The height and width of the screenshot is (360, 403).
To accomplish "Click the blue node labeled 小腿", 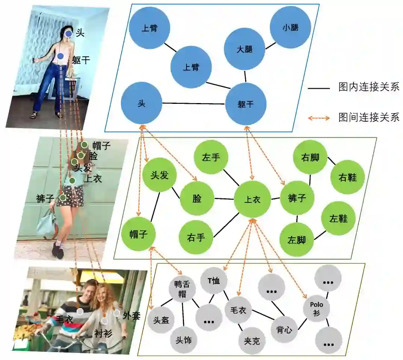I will (x=290, y=27).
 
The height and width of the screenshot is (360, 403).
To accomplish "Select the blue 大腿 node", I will (x=244, y=49).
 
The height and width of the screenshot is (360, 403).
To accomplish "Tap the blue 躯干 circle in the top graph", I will (x=245, y=104).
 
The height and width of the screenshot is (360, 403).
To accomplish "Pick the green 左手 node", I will (x=211, y=157).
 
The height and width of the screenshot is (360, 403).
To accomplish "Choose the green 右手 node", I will (x=196, y=237).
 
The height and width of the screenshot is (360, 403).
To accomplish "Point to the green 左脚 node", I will (x=297, y=239).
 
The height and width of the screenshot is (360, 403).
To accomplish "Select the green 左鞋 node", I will (x=338, y=218).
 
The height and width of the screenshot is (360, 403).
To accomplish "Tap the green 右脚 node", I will (x=310, y=157).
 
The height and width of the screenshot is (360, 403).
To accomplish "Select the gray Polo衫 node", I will (x=316, y=308).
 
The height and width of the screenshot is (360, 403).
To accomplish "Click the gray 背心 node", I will (x=284, y=330).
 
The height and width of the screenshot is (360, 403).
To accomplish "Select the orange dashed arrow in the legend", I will (x=319, y=118).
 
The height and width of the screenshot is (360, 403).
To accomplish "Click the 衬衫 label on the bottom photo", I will (x=103, y=333).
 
